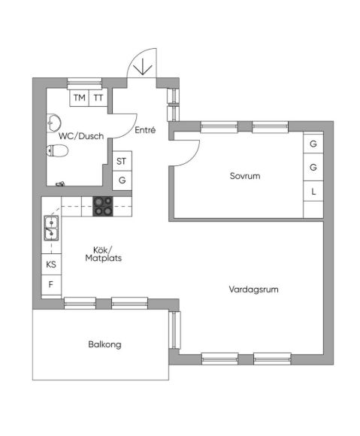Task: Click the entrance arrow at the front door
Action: (x=142, y=66)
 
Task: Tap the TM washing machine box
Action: (x=79, y=98)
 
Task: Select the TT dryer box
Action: (x=98, y=98)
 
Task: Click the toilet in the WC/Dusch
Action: (x=57, y=150)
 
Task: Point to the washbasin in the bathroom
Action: (x=53, y=123)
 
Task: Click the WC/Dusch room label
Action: (x=81, y=136)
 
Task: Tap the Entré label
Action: (x=145, y=130)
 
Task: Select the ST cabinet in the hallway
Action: (x=122, y=161)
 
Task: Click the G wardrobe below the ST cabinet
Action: (x=122, y=180)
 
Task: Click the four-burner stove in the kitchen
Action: (x=103, y=206)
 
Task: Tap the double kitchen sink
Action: (x=51, y=228)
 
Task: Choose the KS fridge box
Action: (x=51, y=264)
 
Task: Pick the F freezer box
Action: (x=51, y=285)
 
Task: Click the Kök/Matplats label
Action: (x=104, y=254)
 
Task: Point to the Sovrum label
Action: (x=245, y=176)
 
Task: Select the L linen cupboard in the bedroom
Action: (x=313, y=191)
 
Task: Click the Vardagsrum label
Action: (x=253, y=289)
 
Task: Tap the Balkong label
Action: (x=104, y=344)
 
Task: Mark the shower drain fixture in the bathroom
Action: (x=61, y=183)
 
